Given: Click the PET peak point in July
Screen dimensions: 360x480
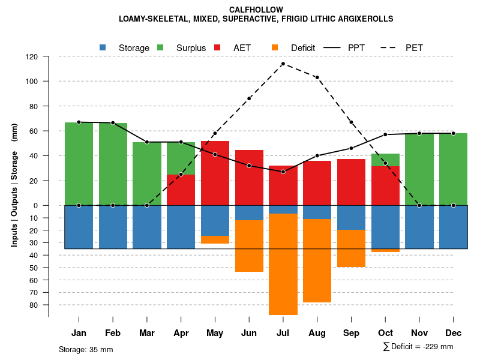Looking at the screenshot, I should (x=283, y=64).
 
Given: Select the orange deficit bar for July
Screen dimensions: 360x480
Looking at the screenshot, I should (x=283, y=264).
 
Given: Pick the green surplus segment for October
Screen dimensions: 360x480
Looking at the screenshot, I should (x=385, y=160).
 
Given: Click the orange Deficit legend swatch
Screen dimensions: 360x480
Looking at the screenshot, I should (x=275, y=47).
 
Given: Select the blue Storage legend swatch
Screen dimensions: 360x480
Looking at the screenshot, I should (x=103, y=47).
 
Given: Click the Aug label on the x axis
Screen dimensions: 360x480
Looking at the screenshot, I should (x=317, y=333).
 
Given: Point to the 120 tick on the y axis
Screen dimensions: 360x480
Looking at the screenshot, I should (x=32, y=56).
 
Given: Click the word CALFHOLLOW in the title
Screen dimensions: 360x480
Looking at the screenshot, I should (x=256, y=10).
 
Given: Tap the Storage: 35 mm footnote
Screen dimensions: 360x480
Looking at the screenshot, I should (x=86, y=349).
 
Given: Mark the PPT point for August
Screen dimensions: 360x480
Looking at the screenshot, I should (x=317, y=156).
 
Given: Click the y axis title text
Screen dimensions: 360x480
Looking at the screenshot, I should (x=14, y=185).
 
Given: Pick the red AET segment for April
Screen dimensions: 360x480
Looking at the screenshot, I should (x=181, y=190).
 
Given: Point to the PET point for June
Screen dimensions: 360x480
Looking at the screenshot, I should (x=249, y=98).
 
